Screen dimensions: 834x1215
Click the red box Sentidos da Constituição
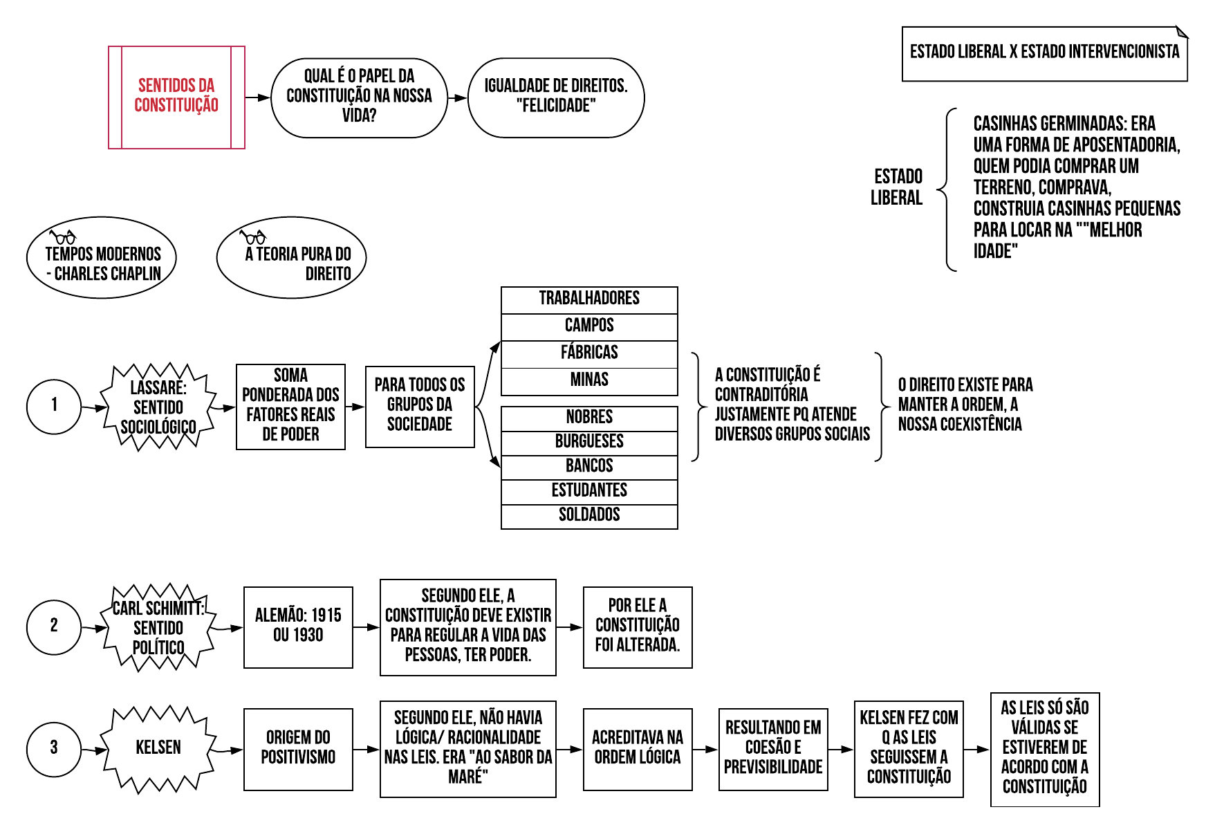point(176,98)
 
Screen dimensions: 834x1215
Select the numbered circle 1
point(54,406)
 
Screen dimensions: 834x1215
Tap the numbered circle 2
point(54,627)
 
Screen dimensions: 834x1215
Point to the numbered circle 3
point(54,748)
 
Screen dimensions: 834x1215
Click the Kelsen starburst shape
point(158,748)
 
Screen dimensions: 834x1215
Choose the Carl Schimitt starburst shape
point(158,627)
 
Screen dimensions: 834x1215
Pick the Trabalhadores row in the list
point(589,299)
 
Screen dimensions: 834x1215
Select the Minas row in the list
point(589,380)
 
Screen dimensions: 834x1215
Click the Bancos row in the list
point(589,467)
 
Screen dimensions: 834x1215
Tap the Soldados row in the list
point(589,516)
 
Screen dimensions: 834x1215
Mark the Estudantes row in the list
point(589,492)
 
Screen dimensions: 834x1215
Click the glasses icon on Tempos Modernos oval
point(62,237)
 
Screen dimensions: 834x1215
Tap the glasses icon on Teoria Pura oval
point(252,237)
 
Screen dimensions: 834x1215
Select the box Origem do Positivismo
point(298,749)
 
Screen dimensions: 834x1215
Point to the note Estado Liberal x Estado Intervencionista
point(1044,53)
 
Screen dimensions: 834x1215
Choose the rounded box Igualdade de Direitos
point(556,98)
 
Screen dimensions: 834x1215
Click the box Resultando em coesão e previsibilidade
point(773,749)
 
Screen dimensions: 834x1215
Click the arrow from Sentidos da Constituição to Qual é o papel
point(258,98)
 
